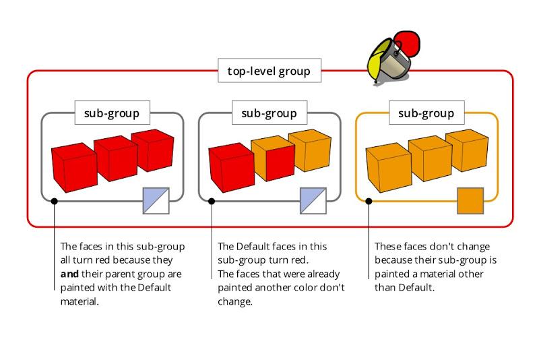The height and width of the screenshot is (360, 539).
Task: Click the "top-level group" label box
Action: click(269, 71)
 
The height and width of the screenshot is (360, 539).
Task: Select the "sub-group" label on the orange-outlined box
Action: click(426, 113)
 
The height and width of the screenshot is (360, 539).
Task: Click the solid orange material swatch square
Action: click(470, 201)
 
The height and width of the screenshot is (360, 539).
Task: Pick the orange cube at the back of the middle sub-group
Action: click(310, 150)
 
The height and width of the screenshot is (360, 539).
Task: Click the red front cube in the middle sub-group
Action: click(231, 167)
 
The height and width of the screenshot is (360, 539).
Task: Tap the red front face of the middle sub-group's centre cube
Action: click(280, 162)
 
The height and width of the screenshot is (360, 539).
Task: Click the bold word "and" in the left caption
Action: click(69, 274)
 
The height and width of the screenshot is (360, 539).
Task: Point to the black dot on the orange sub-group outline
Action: click(369, 201)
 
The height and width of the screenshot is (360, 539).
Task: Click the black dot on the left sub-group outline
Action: click(55, 201)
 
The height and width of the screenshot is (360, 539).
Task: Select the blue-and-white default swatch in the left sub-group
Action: click(156, 201)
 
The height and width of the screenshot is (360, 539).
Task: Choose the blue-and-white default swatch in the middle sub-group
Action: click(313, 201)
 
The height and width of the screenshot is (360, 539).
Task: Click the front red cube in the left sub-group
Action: click(74, 167)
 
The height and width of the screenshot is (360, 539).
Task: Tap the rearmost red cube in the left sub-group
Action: click(153, 150)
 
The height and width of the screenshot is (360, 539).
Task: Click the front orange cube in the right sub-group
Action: click(389, 167)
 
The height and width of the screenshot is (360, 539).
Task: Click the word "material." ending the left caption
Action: click(80, 301)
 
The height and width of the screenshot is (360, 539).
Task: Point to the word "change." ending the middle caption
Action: click(235, 301)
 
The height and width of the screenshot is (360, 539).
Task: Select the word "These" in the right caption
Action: click(388, 247)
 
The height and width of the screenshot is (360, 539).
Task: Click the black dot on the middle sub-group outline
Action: click(212, 201)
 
